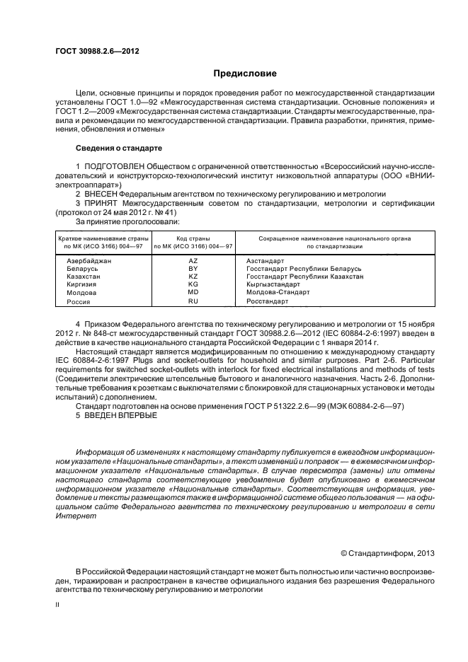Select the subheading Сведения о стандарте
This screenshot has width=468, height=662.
tap(118, 149)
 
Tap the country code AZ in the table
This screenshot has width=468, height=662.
tap(192, 261)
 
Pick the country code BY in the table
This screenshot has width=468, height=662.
tap(192, 269)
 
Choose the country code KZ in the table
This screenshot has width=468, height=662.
tap(192, 277)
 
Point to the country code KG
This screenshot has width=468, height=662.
tap(192, 284)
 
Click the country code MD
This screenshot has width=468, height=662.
tap(192, 292)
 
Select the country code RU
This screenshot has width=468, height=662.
tap(192, 301)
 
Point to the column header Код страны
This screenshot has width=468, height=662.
tap(193, 238)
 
